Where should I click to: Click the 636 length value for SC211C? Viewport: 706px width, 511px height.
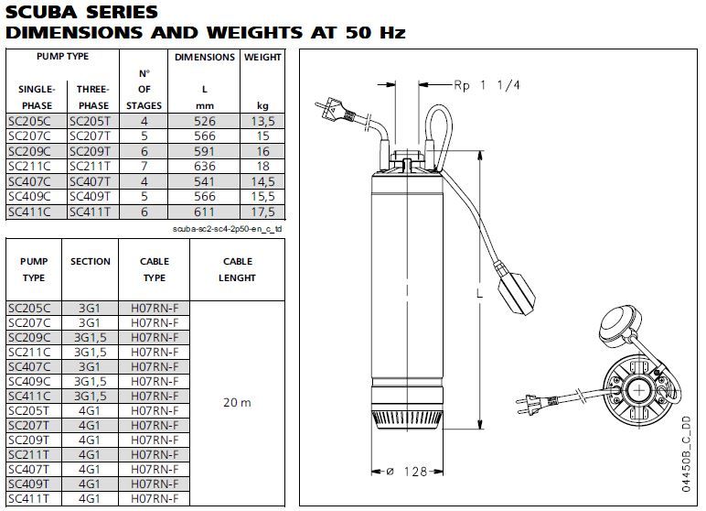click(205, 167)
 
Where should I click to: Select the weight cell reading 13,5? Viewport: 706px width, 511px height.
click(263, 121)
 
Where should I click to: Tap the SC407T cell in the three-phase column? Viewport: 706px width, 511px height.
click(90, 181)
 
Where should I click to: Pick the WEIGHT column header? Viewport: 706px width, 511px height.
click(262, 58)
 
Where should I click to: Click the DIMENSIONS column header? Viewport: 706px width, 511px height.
click(205, 58)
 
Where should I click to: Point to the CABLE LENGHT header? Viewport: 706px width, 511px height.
click(237, 270)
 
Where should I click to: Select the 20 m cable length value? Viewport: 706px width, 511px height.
click(237, 402)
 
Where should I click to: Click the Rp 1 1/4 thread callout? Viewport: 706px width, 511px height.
click(487, 85)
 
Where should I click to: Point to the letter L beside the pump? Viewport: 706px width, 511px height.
click(480, 294)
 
